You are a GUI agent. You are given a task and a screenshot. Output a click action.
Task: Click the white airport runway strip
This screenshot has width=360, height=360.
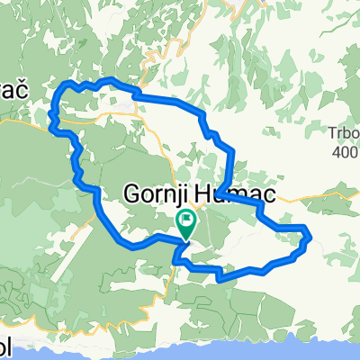(126, 111)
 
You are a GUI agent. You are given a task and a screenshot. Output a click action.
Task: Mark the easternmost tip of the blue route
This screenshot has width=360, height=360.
(310, 237)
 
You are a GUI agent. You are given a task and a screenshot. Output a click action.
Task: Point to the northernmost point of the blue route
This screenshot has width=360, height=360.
(109, 80)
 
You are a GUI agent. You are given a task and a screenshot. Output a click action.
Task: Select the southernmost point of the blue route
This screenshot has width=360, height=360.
(219, 279)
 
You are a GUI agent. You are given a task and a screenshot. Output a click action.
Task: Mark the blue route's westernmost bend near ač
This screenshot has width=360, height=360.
(51, 117)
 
